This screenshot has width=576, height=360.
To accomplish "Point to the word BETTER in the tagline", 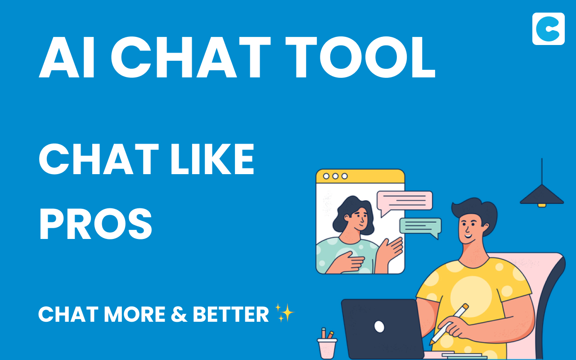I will pos(231,314).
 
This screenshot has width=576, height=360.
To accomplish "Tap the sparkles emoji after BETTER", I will pos(284,313).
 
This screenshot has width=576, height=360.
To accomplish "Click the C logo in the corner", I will pos(548,29).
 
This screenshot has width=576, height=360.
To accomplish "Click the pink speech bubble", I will pos(404,201).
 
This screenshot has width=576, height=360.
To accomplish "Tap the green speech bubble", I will pos(421,226).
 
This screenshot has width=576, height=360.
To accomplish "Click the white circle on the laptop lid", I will pos(379,326).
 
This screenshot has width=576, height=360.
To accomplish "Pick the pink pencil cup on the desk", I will pos(327,347).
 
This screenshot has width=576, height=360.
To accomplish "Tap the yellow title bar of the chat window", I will pos(360,176).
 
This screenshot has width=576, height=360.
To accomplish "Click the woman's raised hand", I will pos(390,252).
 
